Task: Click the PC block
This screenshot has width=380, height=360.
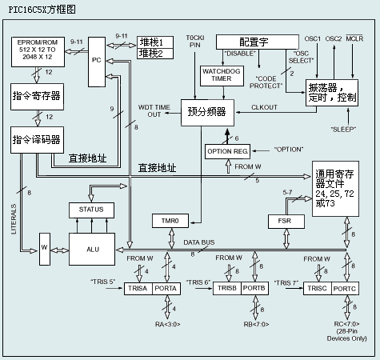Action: pos(97,60)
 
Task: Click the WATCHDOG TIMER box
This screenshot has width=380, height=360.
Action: pos(216,75)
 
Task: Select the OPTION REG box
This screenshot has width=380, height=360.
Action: pos(228,150)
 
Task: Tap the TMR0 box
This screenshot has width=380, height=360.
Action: pos(168,219)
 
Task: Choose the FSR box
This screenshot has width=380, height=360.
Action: pos(284,219)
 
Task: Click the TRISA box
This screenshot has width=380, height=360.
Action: pos(138,289)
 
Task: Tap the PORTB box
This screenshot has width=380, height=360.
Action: pos(252,289)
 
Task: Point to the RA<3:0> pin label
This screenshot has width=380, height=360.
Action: pos(168,324)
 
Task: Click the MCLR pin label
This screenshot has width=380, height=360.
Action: pos(356,38)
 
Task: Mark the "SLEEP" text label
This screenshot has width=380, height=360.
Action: pos(345,128)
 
